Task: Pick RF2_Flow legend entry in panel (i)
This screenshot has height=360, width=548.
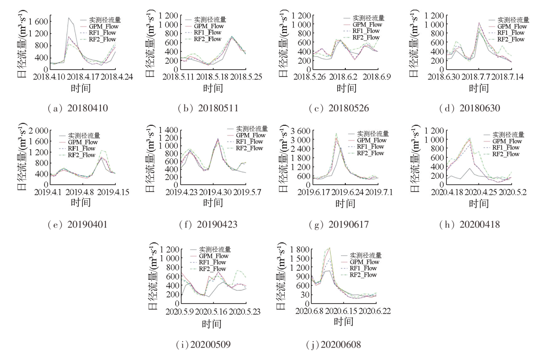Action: click(212, 269)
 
